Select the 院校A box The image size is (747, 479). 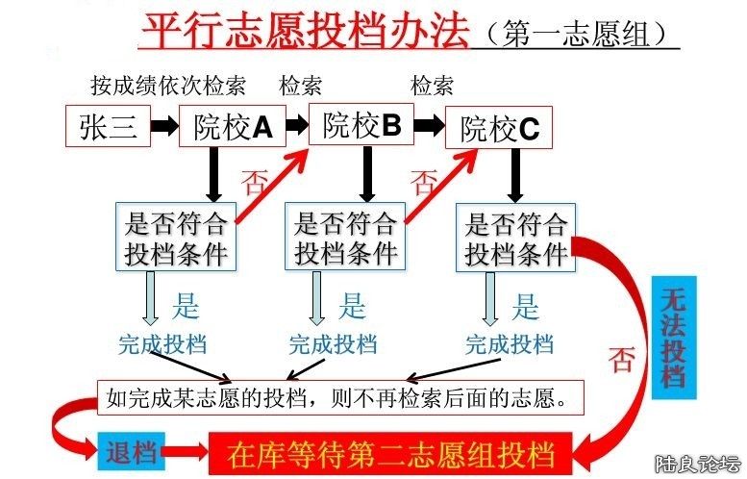(x=234, y=127)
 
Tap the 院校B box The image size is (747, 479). (x=362, y=125)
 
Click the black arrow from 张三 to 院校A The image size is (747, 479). (x=165, y=127)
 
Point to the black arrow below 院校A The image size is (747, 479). (x=214, y=173)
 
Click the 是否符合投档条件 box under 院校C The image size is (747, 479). (x=515, y=238)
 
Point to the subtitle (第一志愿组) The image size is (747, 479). (x=578, y=33)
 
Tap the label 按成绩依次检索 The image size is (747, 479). (x=168, y=86)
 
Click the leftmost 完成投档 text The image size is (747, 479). (x=162, y=343)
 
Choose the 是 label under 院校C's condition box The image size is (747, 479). (x=526, y=308)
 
